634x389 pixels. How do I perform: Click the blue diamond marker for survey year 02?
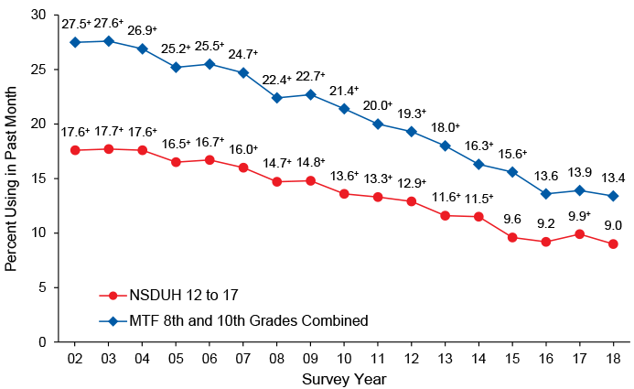pos(75,42)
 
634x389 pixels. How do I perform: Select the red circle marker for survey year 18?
pos(613,243)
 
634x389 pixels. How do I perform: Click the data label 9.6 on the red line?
pos(512,220)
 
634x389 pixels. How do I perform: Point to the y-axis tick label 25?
pos(37,70)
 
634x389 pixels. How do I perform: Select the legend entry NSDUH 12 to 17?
pos(173,296)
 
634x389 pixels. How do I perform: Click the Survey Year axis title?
pos(344,378)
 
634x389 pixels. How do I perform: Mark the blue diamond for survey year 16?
pos(546,193)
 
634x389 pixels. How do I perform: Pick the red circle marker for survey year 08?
pos(277,181)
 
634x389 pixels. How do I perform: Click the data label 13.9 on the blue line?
pos(579,173)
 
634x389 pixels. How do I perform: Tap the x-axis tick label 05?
pos(176,356)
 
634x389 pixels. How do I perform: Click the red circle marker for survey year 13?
pos(445,215)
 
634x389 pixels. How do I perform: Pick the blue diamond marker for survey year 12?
pos(412,131)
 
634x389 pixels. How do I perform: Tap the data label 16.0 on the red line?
pos(243,149)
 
